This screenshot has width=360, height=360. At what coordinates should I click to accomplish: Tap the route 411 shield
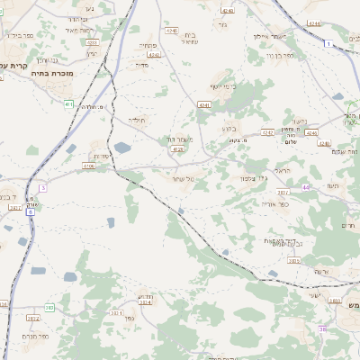tap(68, 104)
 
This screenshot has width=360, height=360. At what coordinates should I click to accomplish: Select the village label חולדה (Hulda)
tap(137, 119)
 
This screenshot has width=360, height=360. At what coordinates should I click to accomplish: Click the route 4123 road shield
tap(176, 149)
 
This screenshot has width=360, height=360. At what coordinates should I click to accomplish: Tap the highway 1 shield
tap(329, 42)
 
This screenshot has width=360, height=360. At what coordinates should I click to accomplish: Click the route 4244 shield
tap(314, 22)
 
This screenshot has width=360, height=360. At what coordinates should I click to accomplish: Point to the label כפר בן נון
tap(291, 56)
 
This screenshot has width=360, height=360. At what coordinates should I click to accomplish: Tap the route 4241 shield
tap(202, 104)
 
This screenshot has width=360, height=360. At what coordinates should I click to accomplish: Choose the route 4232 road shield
tap(267, 132)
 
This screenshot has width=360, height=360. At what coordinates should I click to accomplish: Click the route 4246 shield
tap(311, 132)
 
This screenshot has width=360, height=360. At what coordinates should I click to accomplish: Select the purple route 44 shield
tap(306, 187)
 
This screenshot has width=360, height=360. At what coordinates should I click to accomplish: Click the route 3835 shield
tap(335, 301)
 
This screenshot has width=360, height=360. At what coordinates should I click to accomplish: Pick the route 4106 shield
tap(89, 166)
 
